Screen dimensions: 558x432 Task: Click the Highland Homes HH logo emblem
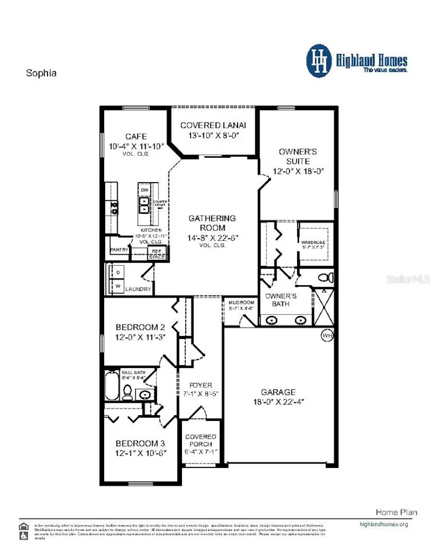(x=319, y=61)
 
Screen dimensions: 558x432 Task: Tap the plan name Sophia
(x=41, y=73)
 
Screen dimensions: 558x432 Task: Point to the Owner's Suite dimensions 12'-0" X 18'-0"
(x=298, y=171)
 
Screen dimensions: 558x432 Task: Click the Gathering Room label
(x=212, y=223)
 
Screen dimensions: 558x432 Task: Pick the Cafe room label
(x=136, y=137)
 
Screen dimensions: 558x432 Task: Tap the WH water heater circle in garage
(x=327, y=336)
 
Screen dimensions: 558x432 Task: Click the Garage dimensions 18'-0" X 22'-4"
(x=279, y=402)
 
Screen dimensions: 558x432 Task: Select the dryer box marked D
(x=117, y=272)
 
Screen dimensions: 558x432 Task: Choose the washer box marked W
(x=117, y=286)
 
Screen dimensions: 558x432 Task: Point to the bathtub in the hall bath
(x=111, y=385)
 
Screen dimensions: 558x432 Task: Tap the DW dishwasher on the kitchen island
(x=144, y=190)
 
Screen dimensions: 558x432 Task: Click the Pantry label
(x=119, y=250)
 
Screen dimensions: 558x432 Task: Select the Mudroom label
(x=241, y=303)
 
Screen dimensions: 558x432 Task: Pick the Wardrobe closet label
(x=313, y=243)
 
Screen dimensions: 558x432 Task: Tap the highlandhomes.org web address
(x=384, y=524)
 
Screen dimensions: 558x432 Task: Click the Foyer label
(x=201, y=385)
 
